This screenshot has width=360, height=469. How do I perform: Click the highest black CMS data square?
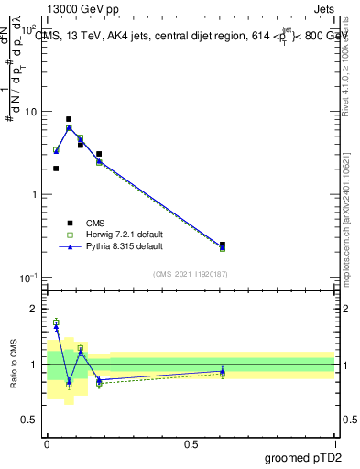[x=69, y=119]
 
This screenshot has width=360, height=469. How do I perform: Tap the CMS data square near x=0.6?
[x=223, y=245]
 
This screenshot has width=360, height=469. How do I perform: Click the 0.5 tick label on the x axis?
[x=191, y=442]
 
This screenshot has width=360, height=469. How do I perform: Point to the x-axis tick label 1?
[x=335, y=442]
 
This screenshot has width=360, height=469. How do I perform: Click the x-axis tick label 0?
[x=47, y=442]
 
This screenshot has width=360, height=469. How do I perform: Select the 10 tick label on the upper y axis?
[x=32, y=112]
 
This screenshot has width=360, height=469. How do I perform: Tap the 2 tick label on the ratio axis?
[x=38, y=309]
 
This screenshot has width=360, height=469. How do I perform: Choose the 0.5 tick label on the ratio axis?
[x=34, y=420]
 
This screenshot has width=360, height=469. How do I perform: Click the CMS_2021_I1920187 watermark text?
[x=190, y=273]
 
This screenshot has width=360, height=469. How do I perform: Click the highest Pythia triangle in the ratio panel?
[x=56, y=326]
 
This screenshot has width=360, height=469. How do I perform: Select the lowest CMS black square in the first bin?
[x=56, y=169]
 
